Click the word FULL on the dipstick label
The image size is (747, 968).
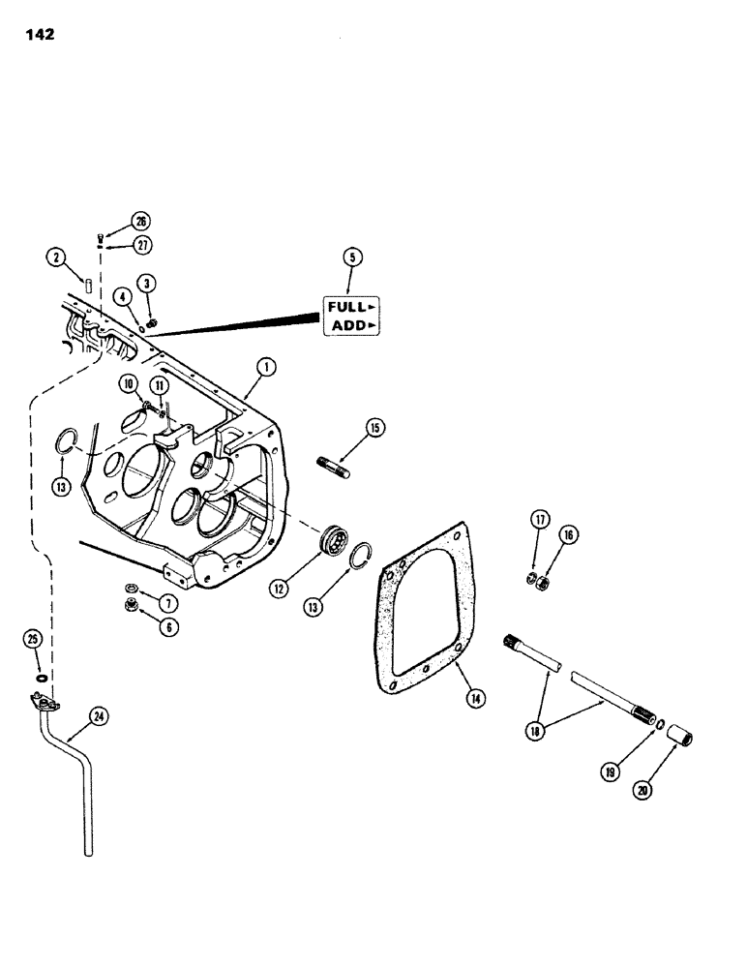tap(345, 307)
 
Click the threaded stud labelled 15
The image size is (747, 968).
tap(334, 466)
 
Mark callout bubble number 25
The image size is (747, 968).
tap(33, 640)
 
